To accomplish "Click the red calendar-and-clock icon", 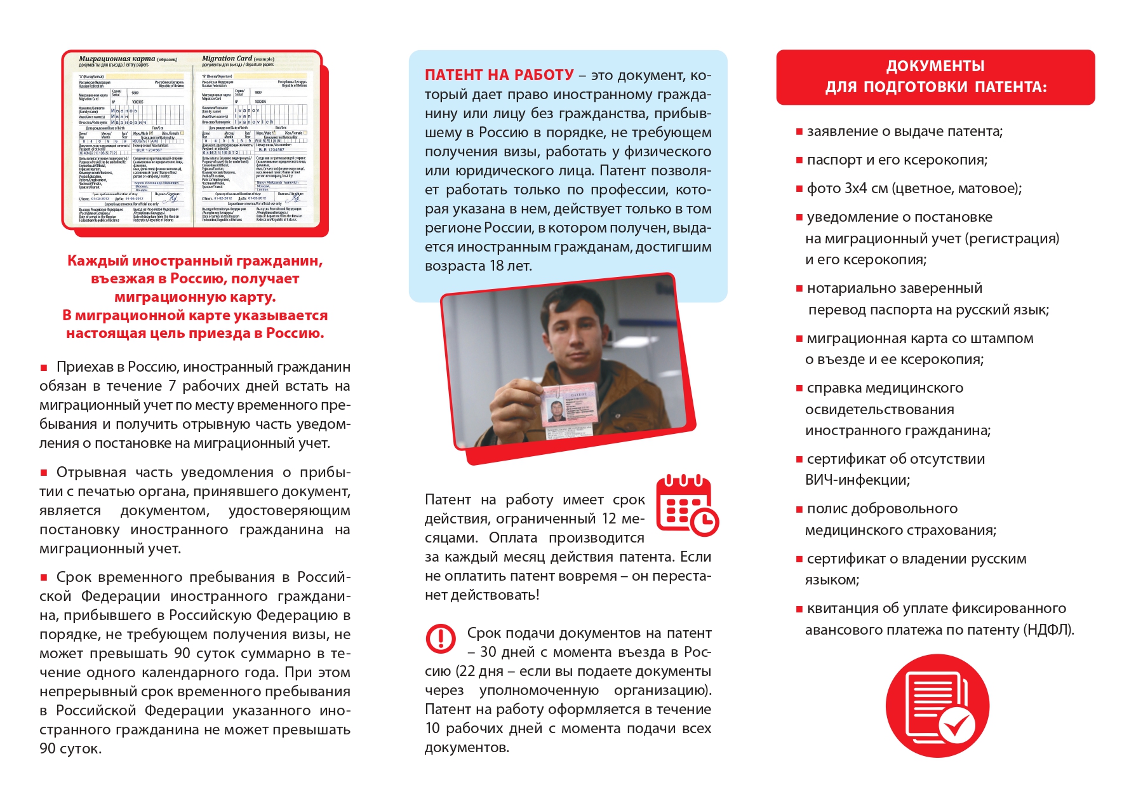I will (x=686, y=505).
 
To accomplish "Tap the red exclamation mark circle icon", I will (x=440, y=638).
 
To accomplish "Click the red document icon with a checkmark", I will (x=937, y=705).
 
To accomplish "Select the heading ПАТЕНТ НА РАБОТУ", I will (x=499, y=75).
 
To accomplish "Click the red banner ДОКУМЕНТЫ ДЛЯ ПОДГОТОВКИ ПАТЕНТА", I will (x=935, y=77).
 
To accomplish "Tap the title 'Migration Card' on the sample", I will (x=227, y=58).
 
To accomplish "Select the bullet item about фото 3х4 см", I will (x=914, y=189).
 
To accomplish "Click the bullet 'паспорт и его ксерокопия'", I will (x=897, y=160).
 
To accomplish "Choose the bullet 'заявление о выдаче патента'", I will (x=904, y=132).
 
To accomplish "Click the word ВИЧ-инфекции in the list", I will (x=857, y=480).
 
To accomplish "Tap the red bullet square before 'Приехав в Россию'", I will (x=44, y=367).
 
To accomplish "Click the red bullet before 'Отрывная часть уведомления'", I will (x=44, y=473).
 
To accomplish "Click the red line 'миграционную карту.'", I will (x=195, y=297).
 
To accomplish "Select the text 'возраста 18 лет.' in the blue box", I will (x=478, y=266).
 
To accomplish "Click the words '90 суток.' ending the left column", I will (x=70, y=749).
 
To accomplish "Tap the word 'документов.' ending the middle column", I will (x=467, y=748).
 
